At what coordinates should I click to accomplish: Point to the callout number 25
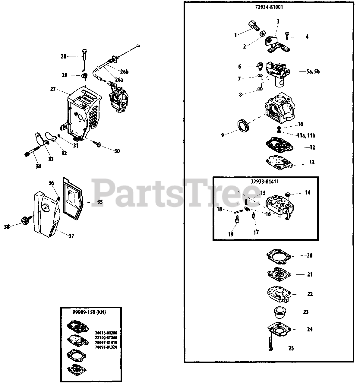tap(291, 348)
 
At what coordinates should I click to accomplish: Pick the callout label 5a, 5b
tap(313, 72)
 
